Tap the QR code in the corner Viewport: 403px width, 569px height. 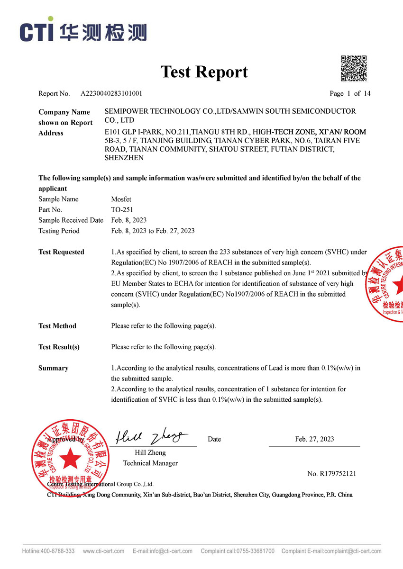[x=354, y=69]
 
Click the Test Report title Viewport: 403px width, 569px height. [x=204, y=72]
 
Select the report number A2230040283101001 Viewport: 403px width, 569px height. [x=111, y=93]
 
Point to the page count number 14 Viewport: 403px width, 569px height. [x=367, y=93]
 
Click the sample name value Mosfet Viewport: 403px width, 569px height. [x=121, y=199]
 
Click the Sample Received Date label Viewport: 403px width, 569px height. [x=71, y=220]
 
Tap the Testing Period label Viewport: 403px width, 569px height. [x=59, y=231]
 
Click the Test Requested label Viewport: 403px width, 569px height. [x=61, y=252]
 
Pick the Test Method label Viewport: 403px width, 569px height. [x=57, y=326]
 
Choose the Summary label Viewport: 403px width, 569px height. [x=53, y=368]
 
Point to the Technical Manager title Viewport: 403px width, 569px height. [x=150, y=463]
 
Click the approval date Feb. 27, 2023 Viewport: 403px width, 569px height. [x=314, y=439]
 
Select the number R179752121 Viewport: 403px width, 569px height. [x=331, y=473]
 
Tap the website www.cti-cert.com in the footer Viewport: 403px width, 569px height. [x=103, y=551]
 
